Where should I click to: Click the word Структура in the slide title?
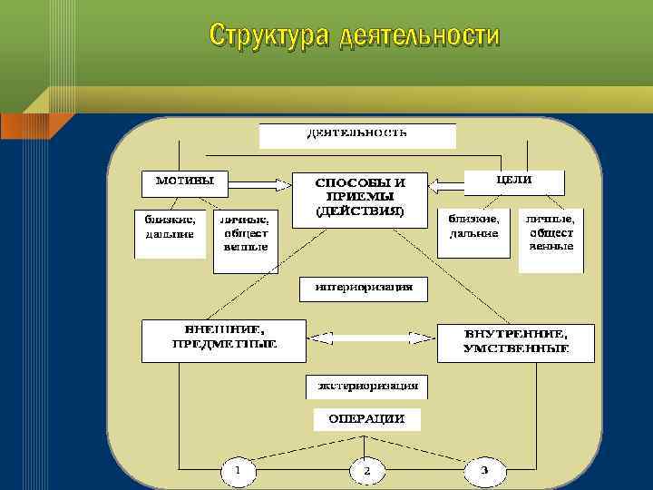(x=269, y=35)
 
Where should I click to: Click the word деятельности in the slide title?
(x=419, y=35)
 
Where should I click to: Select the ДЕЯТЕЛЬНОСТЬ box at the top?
(x=357, y=134)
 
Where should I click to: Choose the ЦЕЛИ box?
(x=513, y=181)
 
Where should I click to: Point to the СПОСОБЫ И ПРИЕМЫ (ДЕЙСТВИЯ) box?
(x=360, y=198)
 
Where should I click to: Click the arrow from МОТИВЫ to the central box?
(x=259, y=184)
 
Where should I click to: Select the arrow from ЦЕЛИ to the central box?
(x=445, y=185)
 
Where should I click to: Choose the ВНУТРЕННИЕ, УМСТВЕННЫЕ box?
(x=516, y=341)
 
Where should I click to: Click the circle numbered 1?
(x=238, y=471)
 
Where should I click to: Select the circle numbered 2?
(x=366, y=471)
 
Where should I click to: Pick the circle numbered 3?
(x=483, y=471)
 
